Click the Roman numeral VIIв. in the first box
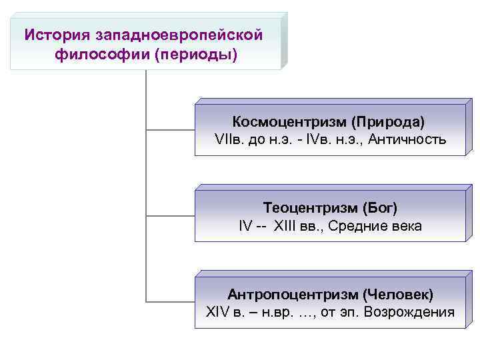230,140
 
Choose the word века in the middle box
406,226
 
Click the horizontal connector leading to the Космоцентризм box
170,129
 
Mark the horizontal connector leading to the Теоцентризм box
170,215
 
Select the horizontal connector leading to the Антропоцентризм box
170,301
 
